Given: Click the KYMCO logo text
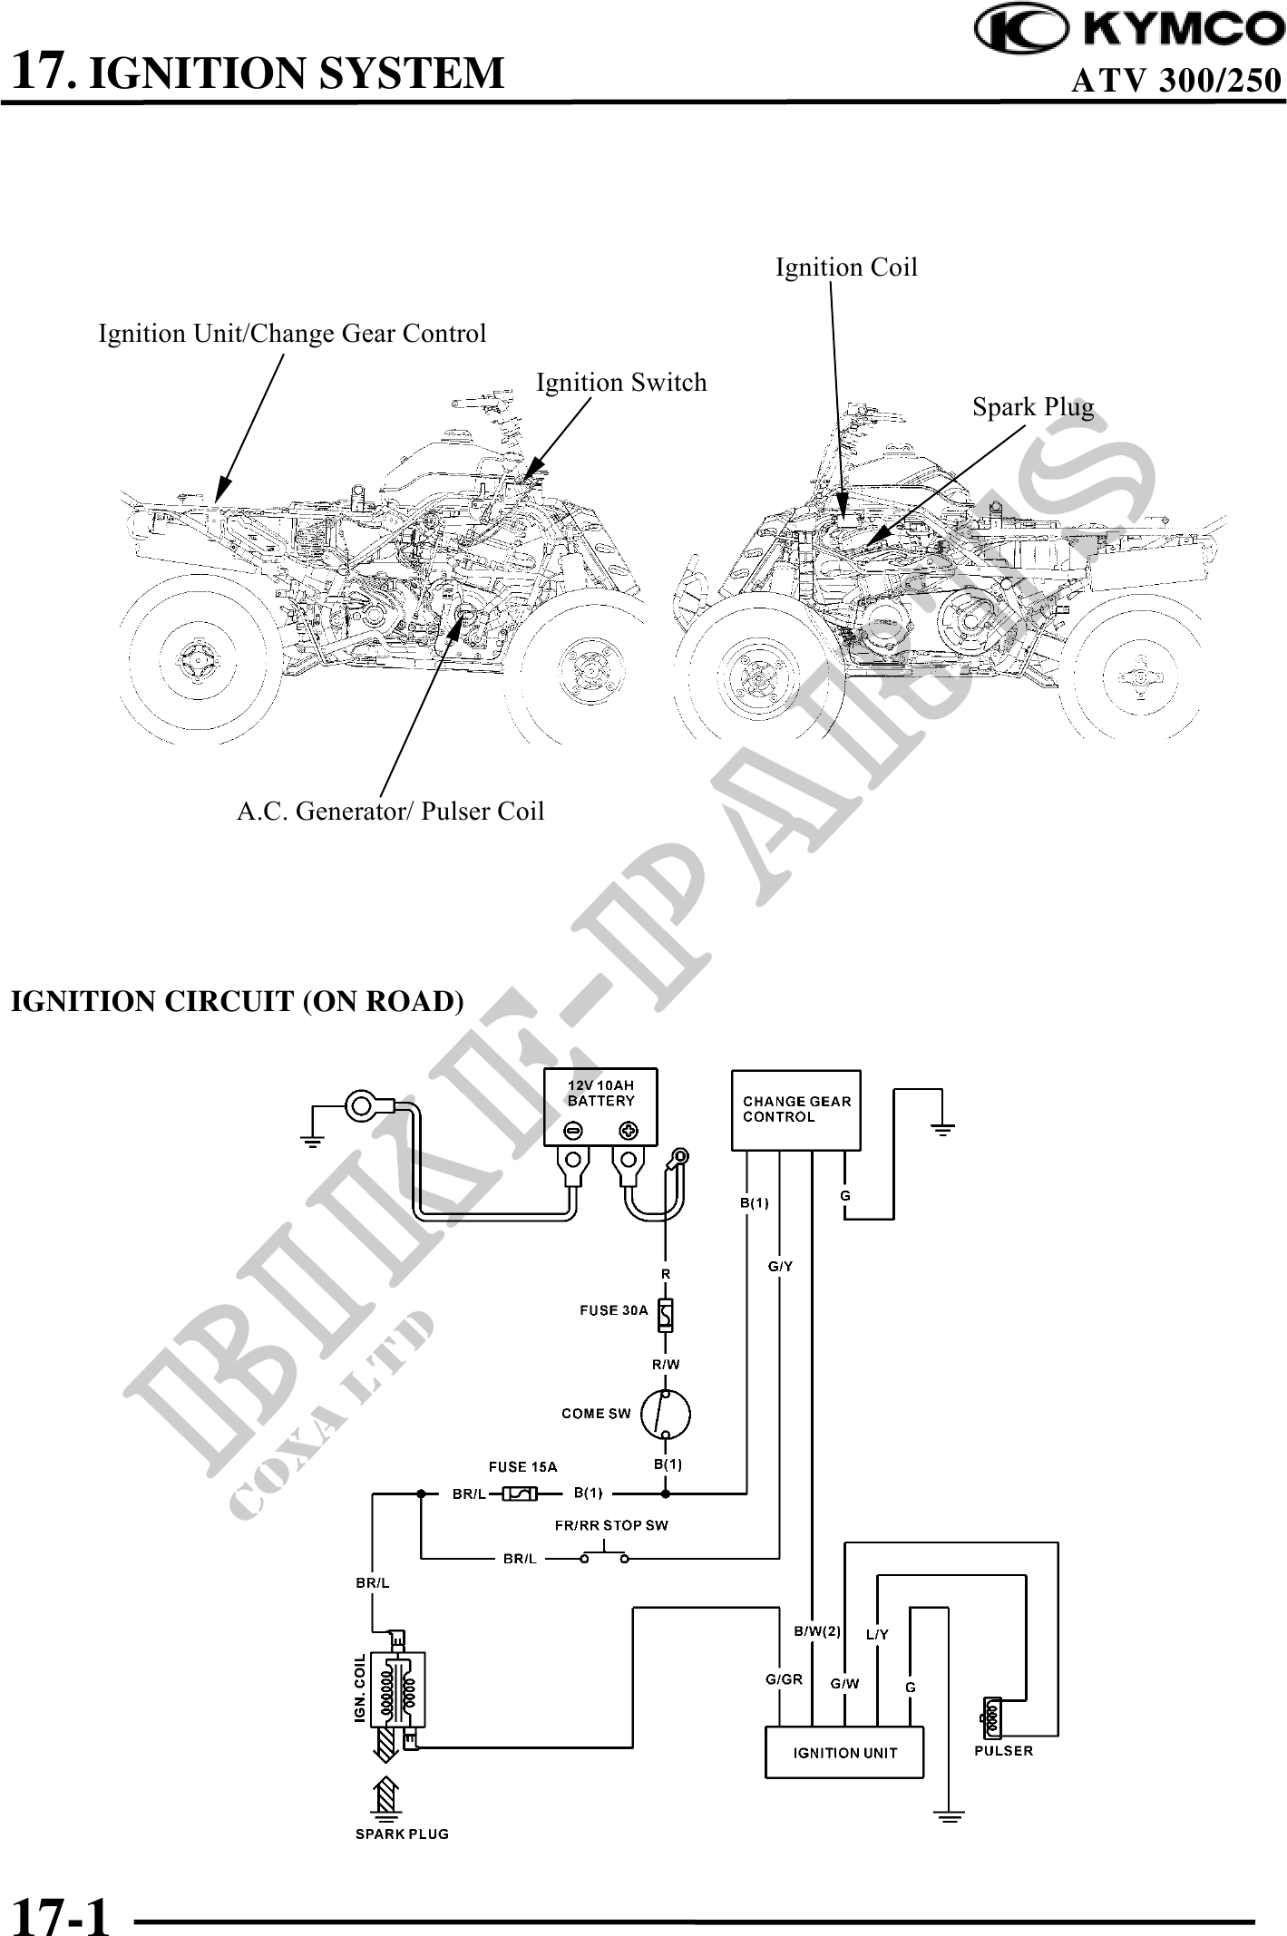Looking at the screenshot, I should coord(1183,30).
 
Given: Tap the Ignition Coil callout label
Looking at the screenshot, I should coord(845,268).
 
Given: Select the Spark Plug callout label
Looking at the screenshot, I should coord(1032,407).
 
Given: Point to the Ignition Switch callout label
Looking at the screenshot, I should coord(621,383).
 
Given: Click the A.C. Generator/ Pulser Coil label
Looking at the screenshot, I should coord(390,811).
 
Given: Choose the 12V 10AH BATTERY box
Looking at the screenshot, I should coord(600,1105).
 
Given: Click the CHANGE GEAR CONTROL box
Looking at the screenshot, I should coord(795,1110).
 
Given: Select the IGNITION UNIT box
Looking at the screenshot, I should coord(844,1753).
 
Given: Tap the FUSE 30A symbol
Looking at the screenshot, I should coord(666,1315).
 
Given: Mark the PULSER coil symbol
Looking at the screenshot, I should coord(990,1717).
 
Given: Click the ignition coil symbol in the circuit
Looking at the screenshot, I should coord(400,1689).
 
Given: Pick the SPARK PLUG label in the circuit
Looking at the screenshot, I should coord(402,1834).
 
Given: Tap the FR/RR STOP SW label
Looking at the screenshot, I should coord(611,1525).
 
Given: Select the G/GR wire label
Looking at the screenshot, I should coord(784,1679).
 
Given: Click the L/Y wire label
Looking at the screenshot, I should coord(877,1635).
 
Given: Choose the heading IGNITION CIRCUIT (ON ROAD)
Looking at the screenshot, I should coord(237,1002).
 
